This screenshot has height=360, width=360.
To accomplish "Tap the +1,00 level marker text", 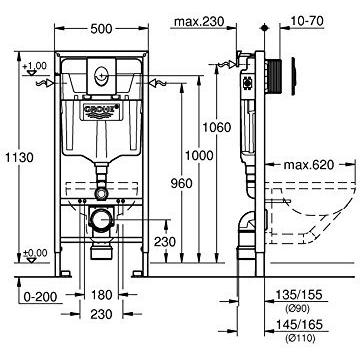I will coord(38,65).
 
